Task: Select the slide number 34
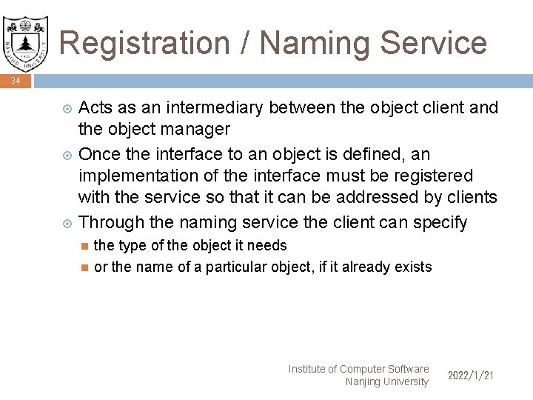16,81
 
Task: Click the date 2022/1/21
471,376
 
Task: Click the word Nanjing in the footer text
363,381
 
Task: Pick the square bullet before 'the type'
84,246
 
